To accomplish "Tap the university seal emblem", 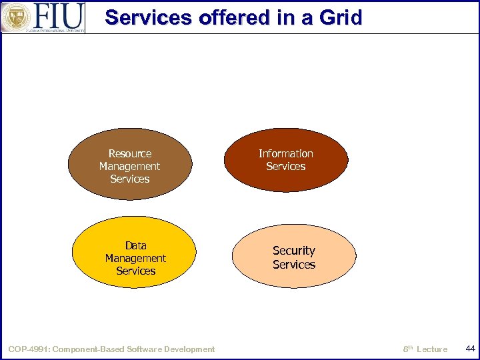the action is click(x=15, y=17).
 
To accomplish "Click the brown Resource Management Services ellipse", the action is click(x=130, y=190).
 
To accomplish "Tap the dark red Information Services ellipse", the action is click(x=286, y=181).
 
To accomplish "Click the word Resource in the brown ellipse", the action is click(x=130, y=153).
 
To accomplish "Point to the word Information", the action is click(x=286, y=153).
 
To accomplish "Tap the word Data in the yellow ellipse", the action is click(x=136, y=245).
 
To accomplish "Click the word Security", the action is click(x=294, y=251).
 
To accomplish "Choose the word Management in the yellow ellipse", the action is click(x=135, y=258).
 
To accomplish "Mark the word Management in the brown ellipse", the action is click(x=129, y=166).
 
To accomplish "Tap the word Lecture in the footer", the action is click(x=432, y=349).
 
